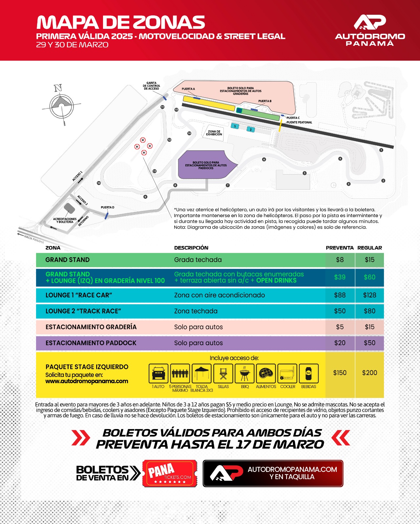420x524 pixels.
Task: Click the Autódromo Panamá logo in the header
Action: click(370, 30)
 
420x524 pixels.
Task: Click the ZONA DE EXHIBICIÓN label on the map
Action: click(214, 133)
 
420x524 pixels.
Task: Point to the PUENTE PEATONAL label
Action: click(299, 122)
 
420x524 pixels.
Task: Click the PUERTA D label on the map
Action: click(107, 208)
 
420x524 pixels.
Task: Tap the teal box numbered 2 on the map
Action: click(251, 130)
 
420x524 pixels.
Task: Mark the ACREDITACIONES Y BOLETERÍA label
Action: click(65, 220)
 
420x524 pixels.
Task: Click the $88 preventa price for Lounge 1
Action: click(340, 295)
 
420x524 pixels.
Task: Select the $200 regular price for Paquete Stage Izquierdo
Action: click(369, 373)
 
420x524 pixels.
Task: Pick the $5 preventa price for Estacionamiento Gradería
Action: click(340, 327)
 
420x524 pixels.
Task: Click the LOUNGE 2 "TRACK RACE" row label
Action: click(83, 311)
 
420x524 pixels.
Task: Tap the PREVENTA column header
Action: click(340, 248)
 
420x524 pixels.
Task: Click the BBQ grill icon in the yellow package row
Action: click(245, 373)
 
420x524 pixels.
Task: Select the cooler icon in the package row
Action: click(287, 373)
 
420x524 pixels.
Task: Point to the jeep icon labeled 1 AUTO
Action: click(158, 373)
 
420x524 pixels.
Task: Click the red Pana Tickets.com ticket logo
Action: click(170, 473)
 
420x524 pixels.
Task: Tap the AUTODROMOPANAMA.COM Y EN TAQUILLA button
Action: click(273, 473)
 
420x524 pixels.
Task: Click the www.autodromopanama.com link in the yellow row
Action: click(87, 381)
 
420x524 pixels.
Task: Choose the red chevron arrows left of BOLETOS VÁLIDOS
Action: click(80, 438)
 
